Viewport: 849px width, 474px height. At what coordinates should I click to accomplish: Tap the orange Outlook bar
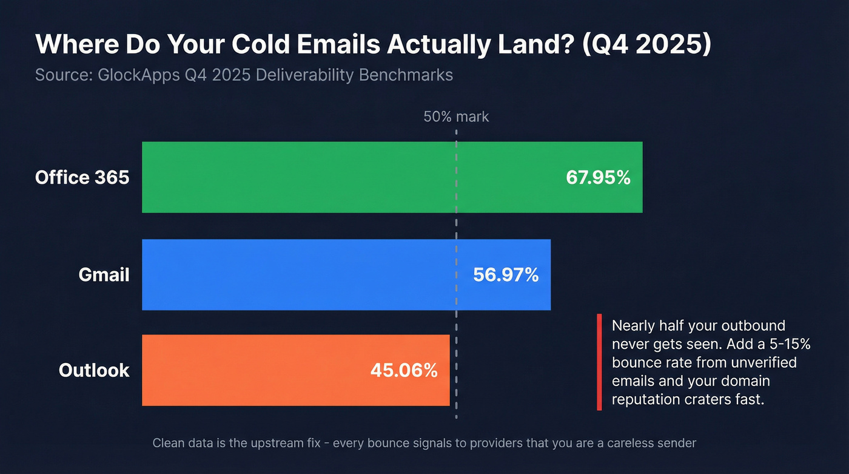[255, 370]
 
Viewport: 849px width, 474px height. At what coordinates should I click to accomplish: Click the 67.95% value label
[598, 178]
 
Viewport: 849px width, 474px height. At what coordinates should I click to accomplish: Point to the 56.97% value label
[506, 275]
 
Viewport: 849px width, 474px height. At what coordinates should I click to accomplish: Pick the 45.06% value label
[404, 370]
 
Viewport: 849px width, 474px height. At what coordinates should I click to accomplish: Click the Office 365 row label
[82, 178]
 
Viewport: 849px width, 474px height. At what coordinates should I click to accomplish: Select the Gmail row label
[104, 275]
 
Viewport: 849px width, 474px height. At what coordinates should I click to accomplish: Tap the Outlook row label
[94, 370]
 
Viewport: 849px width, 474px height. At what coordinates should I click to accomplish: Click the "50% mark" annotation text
[456, 117]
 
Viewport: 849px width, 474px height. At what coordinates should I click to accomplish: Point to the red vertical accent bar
[599, 362]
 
